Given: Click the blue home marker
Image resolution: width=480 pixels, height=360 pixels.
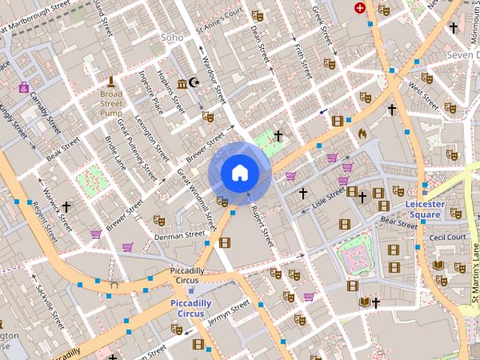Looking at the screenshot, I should coord(239,173).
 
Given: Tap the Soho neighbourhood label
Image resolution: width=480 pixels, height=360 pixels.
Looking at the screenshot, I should coord(172,37).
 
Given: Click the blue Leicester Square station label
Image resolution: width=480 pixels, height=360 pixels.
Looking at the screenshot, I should coord(425,208).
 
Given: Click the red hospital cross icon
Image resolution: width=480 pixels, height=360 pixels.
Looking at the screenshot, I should coord(361,8).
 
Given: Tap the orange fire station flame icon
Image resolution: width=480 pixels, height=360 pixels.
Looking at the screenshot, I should coord(363,133).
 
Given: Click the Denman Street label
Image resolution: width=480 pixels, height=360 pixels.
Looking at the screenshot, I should coord(179,235).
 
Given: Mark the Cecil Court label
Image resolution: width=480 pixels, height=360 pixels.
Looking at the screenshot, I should coord(447,237).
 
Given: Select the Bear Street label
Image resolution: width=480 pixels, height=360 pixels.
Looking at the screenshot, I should coord(398,223).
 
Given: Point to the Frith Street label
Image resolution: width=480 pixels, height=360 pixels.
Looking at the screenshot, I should coord(303,60).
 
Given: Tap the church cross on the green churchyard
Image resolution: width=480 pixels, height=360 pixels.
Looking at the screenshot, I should coord(278,136).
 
